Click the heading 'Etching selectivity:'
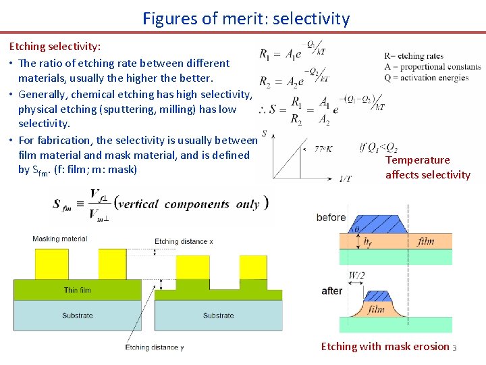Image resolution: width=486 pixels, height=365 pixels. click(55, 47)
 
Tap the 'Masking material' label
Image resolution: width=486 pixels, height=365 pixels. click(59, 239)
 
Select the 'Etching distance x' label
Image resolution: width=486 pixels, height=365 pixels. click(184, 241)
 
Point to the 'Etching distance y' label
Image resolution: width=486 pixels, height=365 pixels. click(155, 347)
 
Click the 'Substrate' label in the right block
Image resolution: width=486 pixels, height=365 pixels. click(218, 315)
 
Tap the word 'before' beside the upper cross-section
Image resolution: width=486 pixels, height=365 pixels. click(331, 218)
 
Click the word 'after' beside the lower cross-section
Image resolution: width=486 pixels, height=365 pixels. click(332, 291)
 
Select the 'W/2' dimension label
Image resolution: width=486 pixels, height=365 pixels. click(356, 275)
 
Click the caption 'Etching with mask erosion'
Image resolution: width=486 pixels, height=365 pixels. click(385, 347)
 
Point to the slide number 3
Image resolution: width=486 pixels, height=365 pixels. click(454, 348)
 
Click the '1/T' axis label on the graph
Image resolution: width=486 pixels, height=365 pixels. click(345, 178)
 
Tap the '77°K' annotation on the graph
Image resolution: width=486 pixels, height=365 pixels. click(323, 149)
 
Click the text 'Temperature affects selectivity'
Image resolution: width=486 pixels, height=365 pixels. click(427, 168)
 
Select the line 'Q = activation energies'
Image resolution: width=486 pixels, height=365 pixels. click(426, 78)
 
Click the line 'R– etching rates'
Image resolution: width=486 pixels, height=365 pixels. click(414, 56)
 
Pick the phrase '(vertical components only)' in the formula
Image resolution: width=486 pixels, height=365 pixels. click(191, 203)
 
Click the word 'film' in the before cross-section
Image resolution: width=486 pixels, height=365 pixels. click(425, 241)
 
